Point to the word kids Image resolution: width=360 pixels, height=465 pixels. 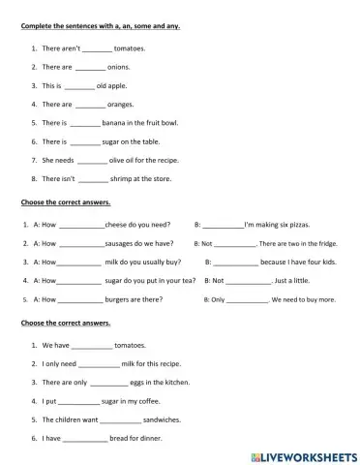point(326,262)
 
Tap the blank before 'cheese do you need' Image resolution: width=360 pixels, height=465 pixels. point(81,225)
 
